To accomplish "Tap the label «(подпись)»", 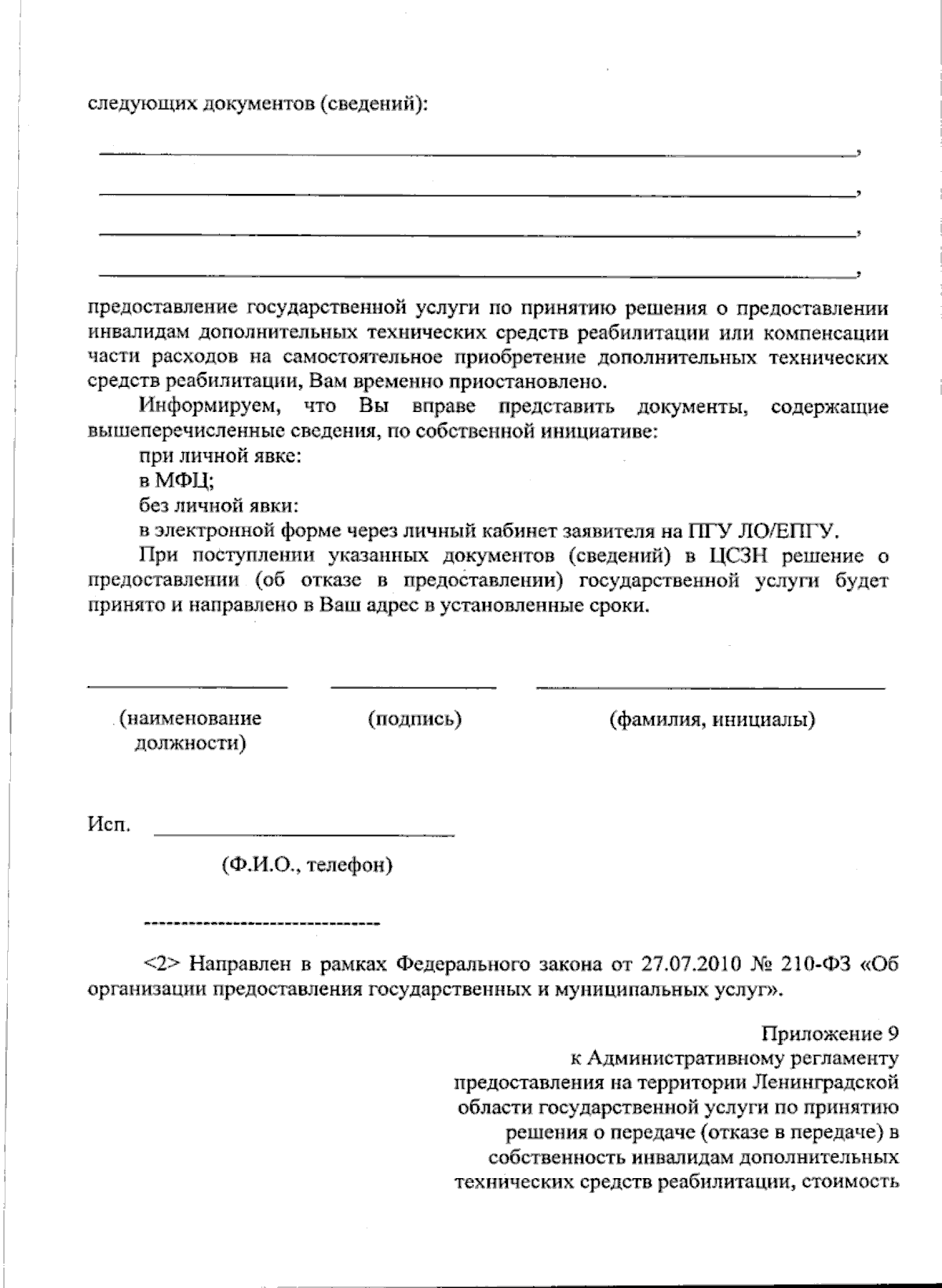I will tap(414, 718).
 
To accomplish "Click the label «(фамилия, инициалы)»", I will tap(712, 719).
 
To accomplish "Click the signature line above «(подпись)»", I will tap(414, 688).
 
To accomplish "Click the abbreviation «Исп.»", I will tap(109, 825).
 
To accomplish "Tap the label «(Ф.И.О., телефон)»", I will tap(307, 865).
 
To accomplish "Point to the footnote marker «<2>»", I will tap(162, 964).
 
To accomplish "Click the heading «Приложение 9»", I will tap(830, 1034).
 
